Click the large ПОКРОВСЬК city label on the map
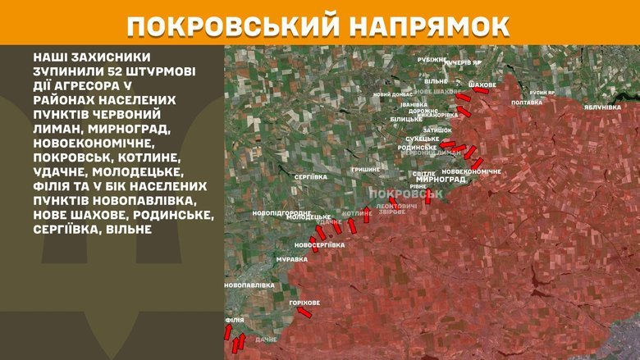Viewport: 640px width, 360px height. (407, 194)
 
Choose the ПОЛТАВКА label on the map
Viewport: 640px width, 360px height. (526, 103)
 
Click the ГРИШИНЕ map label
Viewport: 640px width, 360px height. (365, 169)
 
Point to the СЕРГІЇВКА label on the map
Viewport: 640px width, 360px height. (310, 175)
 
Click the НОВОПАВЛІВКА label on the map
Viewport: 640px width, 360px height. (249, 285)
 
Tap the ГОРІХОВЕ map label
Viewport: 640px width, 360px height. (304, 303)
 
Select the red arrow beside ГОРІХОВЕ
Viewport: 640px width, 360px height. (304, 312)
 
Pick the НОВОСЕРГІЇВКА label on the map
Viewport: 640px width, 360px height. (319, 244)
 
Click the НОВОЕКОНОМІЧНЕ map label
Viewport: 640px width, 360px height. (471, 171)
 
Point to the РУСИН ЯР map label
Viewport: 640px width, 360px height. (542, 93)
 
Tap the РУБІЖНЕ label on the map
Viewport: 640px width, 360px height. (432, 60)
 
